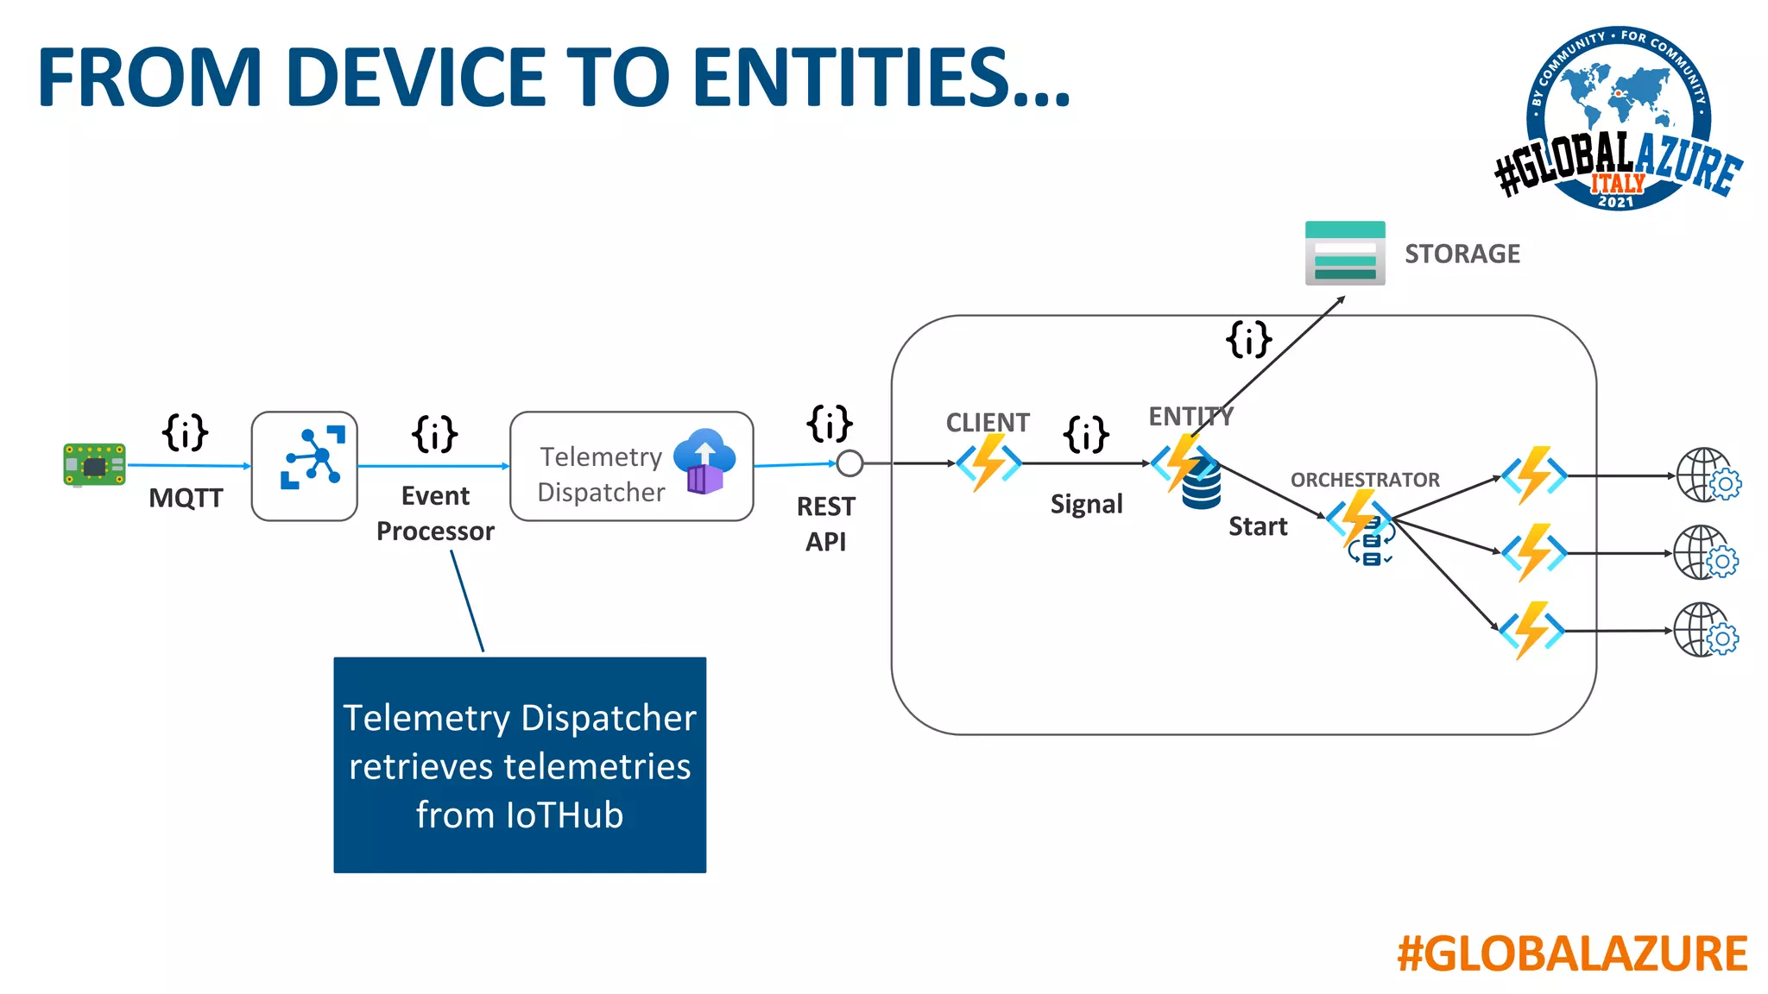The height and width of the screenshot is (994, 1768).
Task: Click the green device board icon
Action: click(x=94, y=465)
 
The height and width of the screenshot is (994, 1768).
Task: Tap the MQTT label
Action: click(x=186, y=498)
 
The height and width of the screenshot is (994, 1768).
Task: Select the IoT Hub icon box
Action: click(x=304, y=466)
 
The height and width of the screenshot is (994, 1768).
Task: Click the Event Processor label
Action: click(x=435, y=513)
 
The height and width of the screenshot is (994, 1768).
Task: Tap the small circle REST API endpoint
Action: click(x=849, y=463)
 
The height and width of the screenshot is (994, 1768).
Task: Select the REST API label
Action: click(x=825, y=524)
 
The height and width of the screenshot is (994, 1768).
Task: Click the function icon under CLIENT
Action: click(x=988, y=462)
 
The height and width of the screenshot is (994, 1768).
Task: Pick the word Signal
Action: click(x=1086, y=504)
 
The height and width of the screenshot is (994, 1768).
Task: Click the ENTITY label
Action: click(x=1190, y=417)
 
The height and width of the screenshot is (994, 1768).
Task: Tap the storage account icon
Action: click(x=1344, y=254)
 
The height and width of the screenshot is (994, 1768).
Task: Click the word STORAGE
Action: click(x=1462, y=254)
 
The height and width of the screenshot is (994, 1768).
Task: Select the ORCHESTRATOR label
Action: click(x=1365, y=480)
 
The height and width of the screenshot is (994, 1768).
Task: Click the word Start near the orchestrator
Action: click(x=1258, y=526)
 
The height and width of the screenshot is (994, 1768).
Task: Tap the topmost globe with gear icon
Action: click(x=1708, y=475)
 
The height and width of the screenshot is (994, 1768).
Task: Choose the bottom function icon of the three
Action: click(x=1532, y=631)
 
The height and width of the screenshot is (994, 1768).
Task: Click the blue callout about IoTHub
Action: click(x=520, y=764)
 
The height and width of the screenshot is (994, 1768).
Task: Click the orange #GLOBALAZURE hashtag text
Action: click(x=1572, y=953)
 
